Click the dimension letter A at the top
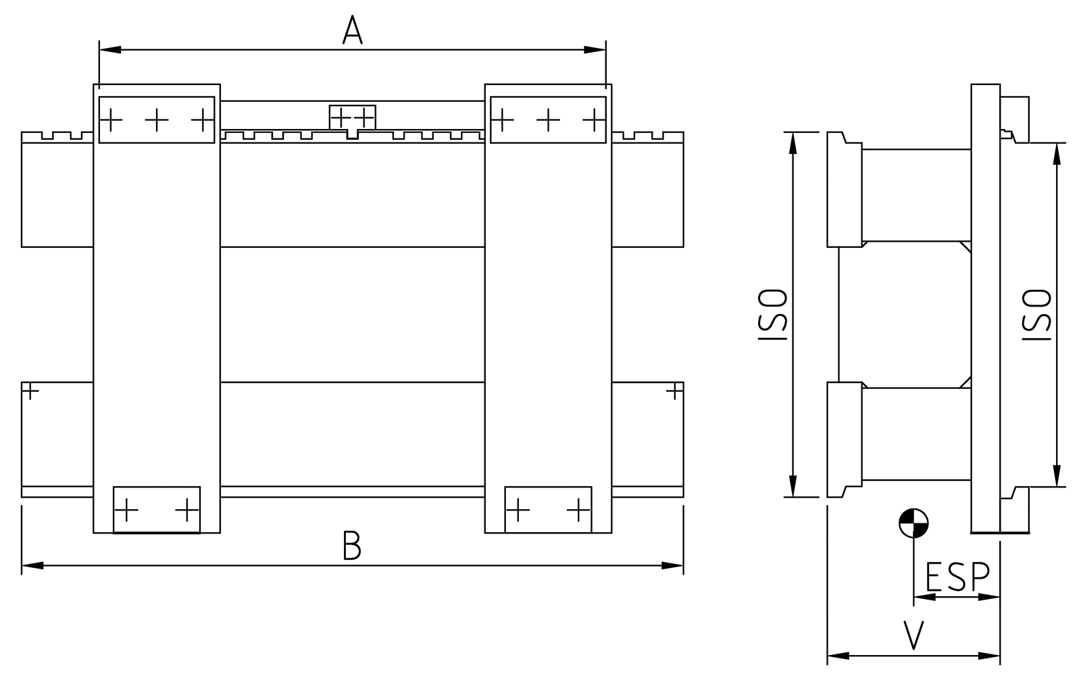pos(352,30)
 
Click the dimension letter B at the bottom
pos(352,545)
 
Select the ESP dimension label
pos(957,576)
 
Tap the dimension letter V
pos(913,635)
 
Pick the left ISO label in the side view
pos(773,315)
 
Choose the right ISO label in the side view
pos(1036,315)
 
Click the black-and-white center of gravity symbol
pos(913,523)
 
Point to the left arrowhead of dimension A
pos(110,50)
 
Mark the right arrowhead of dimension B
pos(672,565)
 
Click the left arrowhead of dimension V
pos(838,656)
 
